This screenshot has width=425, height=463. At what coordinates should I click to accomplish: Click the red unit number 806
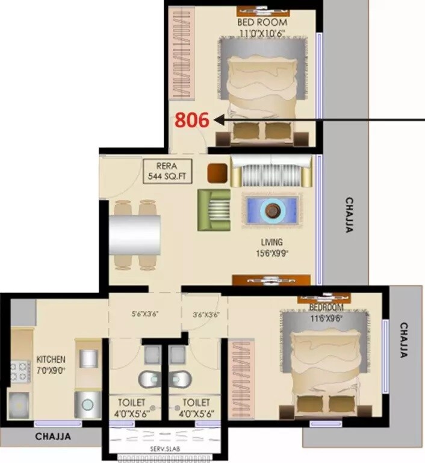[191, 120]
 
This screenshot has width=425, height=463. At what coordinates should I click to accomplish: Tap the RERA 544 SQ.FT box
[167, 171]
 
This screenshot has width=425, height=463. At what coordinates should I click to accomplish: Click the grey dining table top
[135, 238]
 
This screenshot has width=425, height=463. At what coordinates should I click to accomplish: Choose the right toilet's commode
[178, 378]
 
